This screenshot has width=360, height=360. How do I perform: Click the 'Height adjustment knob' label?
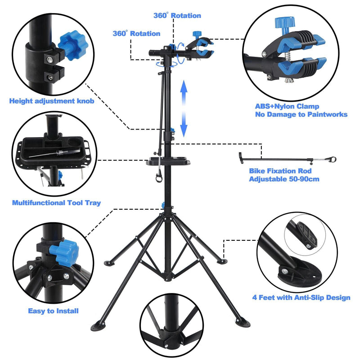tap(52, 101)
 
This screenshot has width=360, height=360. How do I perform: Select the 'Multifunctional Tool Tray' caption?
tap(56, 203)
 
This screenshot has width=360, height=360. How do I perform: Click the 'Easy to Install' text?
tap(53, 310)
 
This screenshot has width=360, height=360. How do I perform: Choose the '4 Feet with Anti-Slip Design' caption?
tap(301, 297)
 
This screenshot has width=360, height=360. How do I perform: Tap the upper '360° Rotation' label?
tap(177, 15)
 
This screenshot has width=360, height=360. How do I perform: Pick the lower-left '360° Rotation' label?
tap(136, 33)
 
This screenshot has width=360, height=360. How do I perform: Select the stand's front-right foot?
tap(243, 321)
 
